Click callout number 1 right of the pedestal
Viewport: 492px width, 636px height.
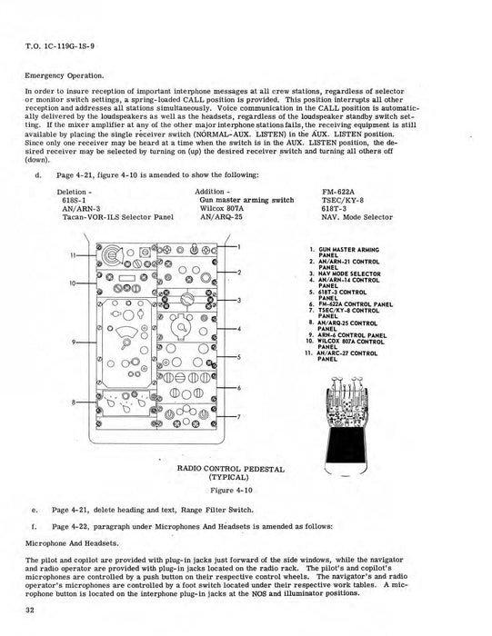click(x=239, y=247)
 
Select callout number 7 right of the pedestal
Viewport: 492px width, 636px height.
click(x=239, y=417)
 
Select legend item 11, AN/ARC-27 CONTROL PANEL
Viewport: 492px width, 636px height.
click(x=350, y=355)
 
